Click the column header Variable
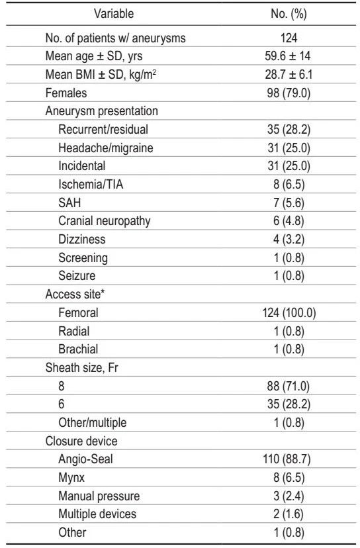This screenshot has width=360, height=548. pyautogui.click(x=114, y=14)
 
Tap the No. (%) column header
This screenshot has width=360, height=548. pyautogui.click(x=289, y=14)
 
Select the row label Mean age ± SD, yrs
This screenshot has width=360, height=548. pyautogui.click(x=94, y=56)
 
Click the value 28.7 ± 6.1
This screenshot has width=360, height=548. pyautogui.click(x=289, y=74)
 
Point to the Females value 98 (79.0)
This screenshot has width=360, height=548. pyautogui.click(x=289, y=93)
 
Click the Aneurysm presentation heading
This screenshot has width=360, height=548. pyautogui.click(x=102, y=111)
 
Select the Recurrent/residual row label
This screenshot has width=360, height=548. pyautogui.click(x=103, y=129)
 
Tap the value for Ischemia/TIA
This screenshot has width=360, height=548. pyautogui.click(x=289, y=184)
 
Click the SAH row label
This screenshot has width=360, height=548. pyautogui.click(x=69, y=203)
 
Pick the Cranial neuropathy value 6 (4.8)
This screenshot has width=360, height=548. pyautogui.click(x=289, y=221)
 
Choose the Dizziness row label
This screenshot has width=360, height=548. pyautogui.click(x=82, y=239)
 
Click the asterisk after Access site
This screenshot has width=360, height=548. pyautogui.click(x=103, y=292)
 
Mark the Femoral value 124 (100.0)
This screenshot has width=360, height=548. pyautogui.click(x=289, y=312)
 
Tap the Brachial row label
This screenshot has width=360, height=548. pyautogui.click(x=78, y=349)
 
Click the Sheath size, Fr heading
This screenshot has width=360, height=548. pyautogui.click(x=82, y=367)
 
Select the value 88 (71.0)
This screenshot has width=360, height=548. pyautogui.click(x=289, y=386)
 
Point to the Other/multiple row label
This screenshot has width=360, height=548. pyautogui.click(x=92, y=422)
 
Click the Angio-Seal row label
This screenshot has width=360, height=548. pyautogui.click(x=85, y=459)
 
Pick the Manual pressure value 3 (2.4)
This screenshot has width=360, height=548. pyautogui.click(x=289, y=496)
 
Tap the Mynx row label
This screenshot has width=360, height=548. pyautogui.click(x=71, y=477)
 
